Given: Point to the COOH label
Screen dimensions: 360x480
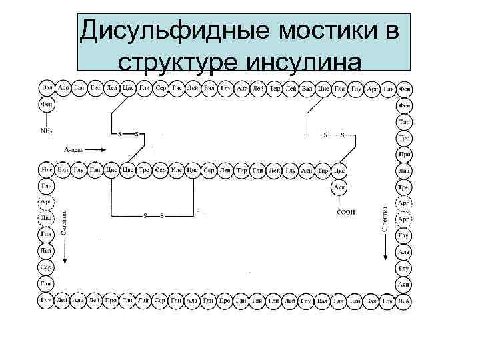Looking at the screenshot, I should point(347,212).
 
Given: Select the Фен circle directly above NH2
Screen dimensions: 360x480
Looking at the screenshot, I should point(47,105).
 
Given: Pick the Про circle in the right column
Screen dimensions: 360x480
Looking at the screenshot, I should point(404,155).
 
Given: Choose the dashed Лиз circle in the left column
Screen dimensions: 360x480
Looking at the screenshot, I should point(47,218).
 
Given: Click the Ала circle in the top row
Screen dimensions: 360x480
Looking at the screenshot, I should point(243,88).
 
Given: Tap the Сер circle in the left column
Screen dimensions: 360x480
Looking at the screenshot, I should point(47,267).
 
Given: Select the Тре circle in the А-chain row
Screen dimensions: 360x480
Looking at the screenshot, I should point(144,171).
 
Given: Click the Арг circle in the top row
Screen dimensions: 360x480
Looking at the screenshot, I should point(373,88).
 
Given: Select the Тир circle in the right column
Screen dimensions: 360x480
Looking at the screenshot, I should point(404,122).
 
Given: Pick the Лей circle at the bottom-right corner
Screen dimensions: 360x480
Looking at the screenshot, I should point(404,301).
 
